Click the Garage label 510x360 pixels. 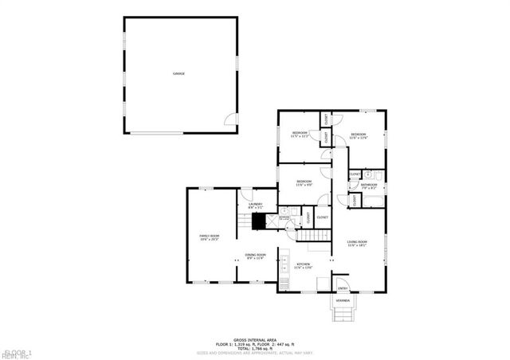click(178, 74)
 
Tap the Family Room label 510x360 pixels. click(209, 237)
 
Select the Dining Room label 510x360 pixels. click(254, 256)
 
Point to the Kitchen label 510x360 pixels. click(304, 264)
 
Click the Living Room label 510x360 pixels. click(356, 242)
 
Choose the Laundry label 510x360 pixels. click(255, 205)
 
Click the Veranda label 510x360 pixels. click(343, 301)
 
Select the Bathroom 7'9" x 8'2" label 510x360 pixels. click(369, 186)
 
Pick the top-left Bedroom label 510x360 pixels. click(300, 133)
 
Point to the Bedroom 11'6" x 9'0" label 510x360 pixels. click(304, 182)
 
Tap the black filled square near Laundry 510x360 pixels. click(258, 221)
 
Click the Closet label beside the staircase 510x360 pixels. click(323, 217)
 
